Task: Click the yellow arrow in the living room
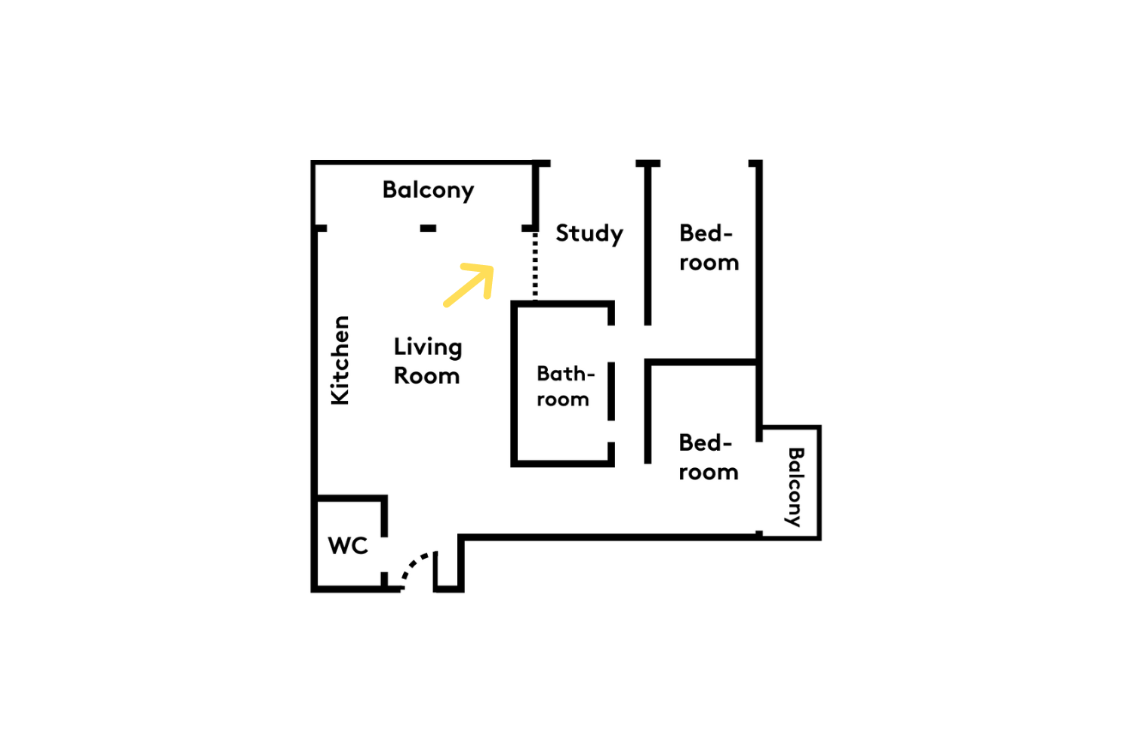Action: click(x=469, y=285)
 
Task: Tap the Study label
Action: click(x=589, y=234)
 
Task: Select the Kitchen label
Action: click(x=340, y=361)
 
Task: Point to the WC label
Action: click(x=348, y=546)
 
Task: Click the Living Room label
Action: click(x=428, y=361)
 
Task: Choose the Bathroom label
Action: click(x=565, y=387)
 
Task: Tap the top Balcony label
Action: click(x=428, y=191)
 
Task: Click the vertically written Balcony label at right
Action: click(x=795, y=487)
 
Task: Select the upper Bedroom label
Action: click(x=709, y=248)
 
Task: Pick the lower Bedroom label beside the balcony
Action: click(x=709, y=458)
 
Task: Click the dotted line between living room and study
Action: click(x=535, y=266)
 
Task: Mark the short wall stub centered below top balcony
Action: click(x=428, y=229)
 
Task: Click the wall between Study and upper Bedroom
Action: click(x=648, y=243)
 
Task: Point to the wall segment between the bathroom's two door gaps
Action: click(x=611, y=391)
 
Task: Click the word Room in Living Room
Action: click(x=426, y=376)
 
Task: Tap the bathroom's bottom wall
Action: click(x=562, y=464)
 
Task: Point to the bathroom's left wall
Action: click(x=515, y=384)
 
